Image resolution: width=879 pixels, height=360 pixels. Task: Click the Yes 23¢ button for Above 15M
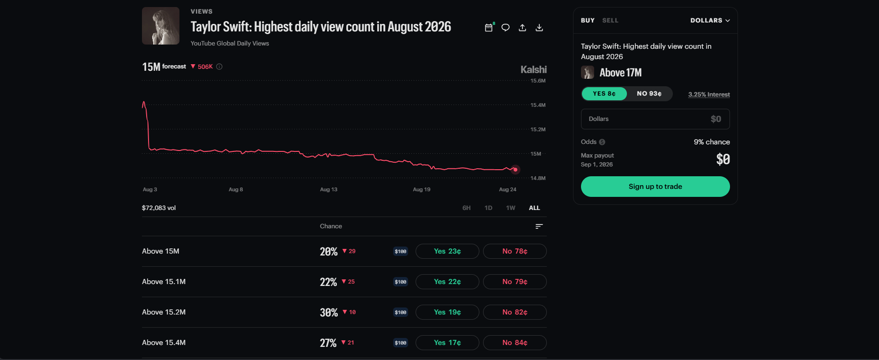point(447,251)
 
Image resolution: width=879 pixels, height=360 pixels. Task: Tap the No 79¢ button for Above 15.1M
point(514,282)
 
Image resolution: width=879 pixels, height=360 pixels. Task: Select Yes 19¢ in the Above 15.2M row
point(447,312)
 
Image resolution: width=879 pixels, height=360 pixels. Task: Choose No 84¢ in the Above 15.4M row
point(514,343)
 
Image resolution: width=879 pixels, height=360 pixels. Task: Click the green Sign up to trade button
point(655,187)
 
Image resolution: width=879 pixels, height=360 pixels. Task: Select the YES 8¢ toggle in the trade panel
point(604,94)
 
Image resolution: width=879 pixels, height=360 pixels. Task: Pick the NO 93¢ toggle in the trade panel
point(649,94)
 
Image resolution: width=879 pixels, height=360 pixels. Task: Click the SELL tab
point(610,21)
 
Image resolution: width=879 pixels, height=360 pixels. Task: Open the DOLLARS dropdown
point(710,21)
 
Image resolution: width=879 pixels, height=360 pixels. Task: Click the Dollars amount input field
point(655,119)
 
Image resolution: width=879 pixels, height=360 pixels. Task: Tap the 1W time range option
point(511,208)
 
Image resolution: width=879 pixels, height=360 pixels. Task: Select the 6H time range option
point(466,208)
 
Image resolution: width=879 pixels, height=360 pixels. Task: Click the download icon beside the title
point(539,28)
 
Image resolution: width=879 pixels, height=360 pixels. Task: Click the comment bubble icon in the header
point(506,28)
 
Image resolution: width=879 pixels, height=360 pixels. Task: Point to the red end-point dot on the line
point(515,170)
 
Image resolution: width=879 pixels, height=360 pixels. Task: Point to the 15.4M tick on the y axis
point(538,105)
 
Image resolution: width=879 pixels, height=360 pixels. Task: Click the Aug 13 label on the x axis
point(328,189)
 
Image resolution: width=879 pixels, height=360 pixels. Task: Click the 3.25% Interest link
point(709,94)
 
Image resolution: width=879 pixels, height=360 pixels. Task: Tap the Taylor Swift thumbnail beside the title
point(161,26)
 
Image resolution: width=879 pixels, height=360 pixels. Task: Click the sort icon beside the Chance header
point(539,226)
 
